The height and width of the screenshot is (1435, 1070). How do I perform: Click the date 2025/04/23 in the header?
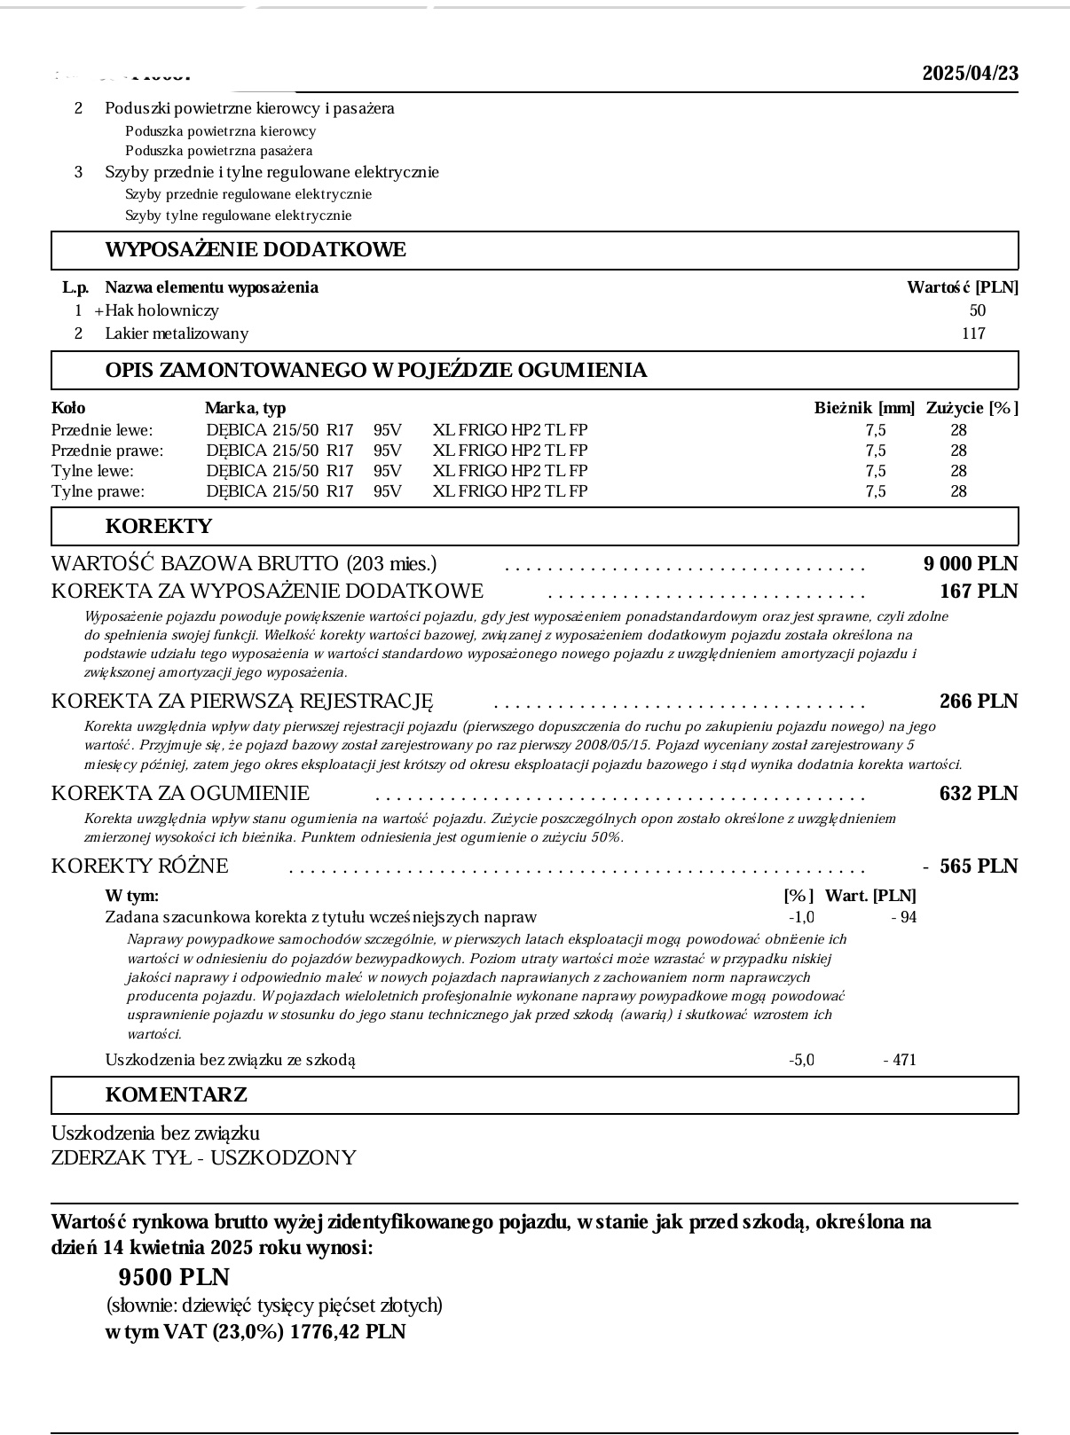point(970,73)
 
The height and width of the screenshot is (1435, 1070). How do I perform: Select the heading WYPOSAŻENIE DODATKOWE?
point(256,250)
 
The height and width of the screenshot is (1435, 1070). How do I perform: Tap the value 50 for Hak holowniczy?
point(978,310)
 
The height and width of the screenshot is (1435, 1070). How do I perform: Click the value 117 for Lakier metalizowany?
point(973,333)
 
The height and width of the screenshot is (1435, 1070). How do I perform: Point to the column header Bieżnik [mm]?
point(864,408)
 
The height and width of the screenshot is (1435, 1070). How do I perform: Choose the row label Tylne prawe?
point(98,491)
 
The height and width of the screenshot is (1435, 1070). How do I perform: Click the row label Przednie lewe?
point(102,430)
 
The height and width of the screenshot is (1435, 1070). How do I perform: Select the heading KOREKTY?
point(159,526)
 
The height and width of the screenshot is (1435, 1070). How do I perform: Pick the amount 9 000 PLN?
point(970,564)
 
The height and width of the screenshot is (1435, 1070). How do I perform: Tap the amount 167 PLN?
point(978,592)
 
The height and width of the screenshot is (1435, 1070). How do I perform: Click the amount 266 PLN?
point(978,702)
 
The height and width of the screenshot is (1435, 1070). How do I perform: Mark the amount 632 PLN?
point(978,794)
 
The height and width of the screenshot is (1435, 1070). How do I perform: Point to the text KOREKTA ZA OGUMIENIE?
point(180,794)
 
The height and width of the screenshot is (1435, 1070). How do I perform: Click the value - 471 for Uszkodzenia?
point(900,1060)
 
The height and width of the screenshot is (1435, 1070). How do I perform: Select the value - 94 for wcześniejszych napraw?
point(904,917)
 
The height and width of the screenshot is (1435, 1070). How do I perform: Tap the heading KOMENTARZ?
point(176,1094)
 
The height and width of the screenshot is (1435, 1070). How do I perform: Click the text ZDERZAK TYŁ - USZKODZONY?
point(203,1158)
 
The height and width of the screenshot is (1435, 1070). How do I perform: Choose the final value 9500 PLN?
point(174,1277)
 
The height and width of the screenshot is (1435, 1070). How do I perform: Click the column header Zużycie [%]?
point(972,408)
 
